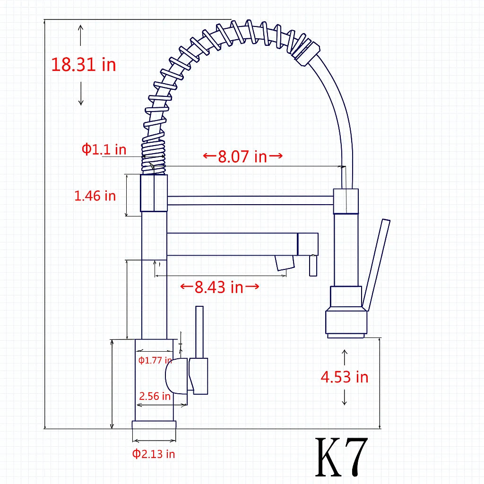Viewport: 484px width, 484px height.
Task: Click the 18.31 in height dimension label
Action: point(84,65)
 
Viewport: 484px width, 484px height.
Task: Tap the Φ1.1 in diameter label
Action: point(104,149)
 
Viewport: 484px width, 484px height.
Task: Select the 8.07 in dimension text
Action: point(242,156)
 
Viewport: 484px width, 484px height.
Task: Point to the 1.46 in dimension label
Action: point(95,196)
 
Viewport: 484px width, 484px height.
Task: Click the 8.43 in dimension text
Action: point(219,287)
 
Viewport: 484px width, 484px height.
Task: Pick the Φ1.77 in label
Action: point(155,360)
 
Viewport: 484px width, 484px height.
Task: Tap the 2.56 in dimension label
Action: point(155,396)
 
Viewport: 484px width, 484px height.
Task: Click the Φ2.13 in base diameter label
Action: point(154,454)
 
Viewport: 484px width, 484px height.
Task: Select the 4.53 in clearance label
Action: point(345,377)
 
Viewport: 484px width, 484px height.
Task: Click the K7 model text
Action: point(342,457)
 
